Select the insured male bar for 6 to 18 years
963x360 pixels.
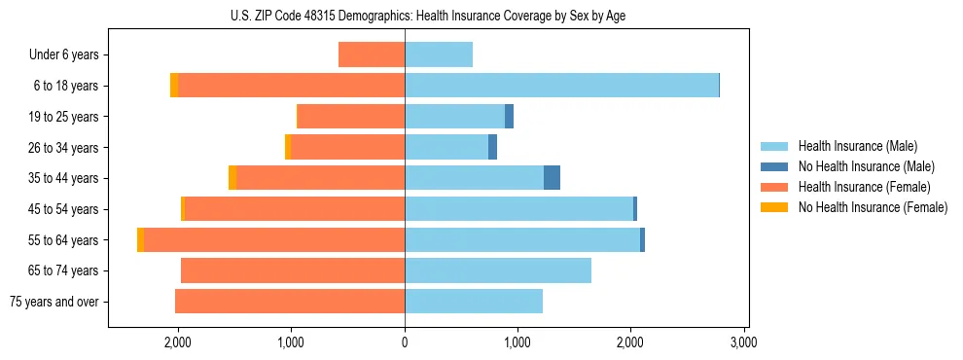tap(561, 86)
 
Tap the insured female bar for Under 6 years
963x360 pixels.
tap(372, 55)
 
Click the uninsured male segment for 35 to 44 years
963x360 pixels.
tap(552, 178)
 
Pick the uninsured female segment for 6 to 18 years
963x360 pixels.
tap(174, 86)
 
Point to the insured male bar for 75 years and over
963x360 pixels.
tap(474, 302)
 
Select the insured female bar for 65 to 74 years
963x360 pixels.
tap(293, 270)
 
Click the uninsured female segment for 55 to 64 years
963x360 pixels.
tap(141, 240)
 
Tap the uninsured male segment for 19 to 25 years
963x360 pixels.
tap(509, 117)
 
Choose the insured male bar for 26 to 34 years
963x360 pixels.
tap(446, 148)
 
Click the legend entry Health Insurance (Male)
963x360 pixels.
tap(851, 146)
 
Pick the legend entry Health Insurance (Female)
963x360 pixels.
tap(856, 187)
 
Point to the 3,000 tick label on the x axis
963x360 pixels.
tap(743, 342)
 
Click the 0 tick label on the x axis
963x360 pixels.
tap(405, 342)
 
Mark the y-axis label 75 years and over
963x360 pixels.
tap(54, 302)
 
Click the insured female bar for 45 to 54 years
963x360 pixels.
tap(295, 209)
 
